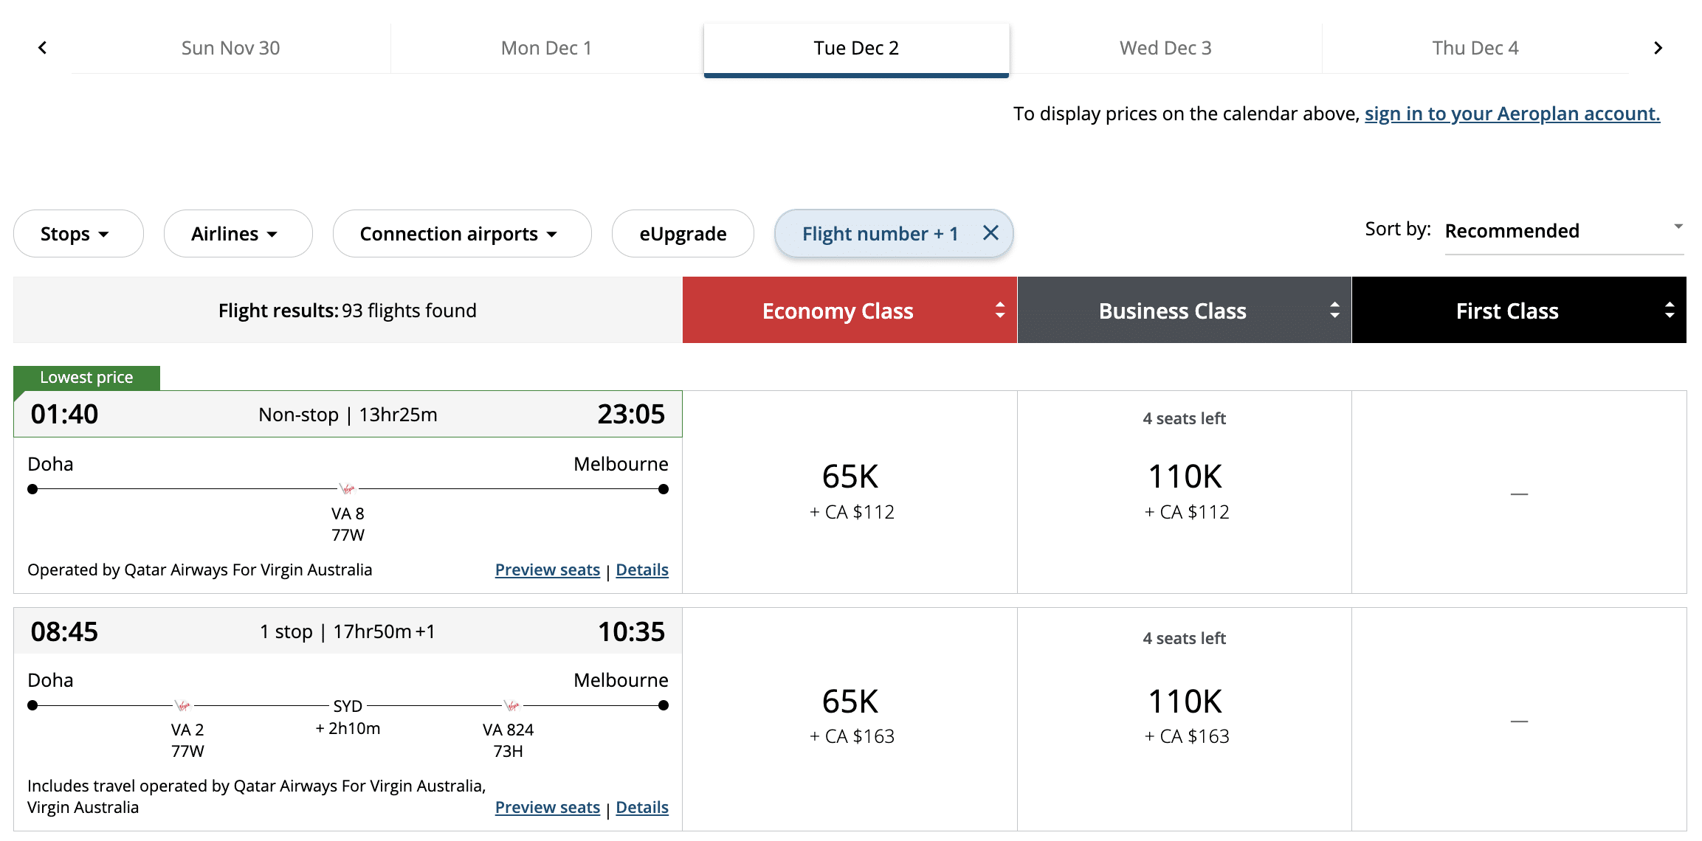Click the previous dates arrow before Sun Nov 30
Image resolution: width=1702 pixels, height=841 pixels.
pyautogui.click(x=43, y=48)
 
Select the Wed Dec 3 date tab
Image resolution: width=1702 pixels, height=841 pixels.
pyautogui.click(x=1165, y=48)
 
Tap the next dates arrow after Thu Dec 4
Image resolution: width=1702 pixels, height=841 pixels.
pyautogui.click(x=1658, y=48)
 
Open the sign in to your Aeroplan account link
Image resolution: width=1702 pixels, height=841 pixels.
pyautogui.click(x=1512, y=114)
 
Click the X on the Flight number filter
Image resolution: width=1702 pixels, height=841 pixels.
pyautogui.click(x=990, y=233)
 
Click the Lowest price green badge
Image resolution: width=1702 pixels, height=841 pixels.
pyautogui.click(x=86, y=378)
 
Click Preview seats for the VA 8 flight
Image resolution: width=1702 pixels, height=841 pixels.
pyautogui.click(x=547, y=570)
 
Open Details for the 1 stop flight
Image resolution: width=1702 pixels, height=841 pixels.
pyautogui.click(x=641, y=808)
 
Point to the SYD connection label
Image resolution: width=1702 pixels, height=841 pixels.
pyautogui.click(x=348, y=706)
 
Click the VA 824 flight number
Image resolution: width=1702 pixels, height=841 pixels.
pyautogui.click(x=508, y=730)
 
